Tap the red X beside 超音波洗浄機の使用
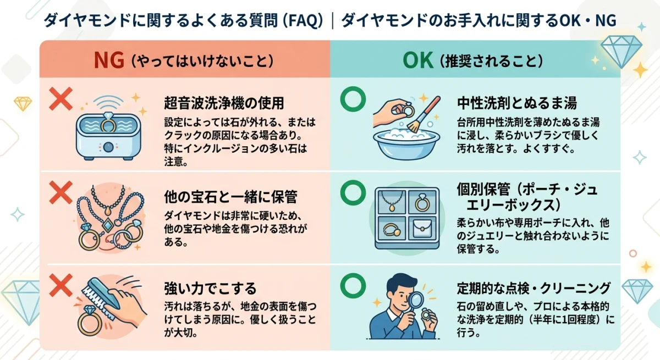(61, 99)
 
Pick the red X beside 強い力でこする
(61, 285)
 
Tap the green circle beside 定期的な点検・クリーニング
(352, 284)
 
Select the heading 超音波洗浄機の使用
(223, 103)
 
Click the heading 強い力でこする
(211, 289)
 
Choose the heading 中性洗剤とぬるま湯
(517, 103)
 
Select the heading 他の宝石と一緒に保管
(231, 196)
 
